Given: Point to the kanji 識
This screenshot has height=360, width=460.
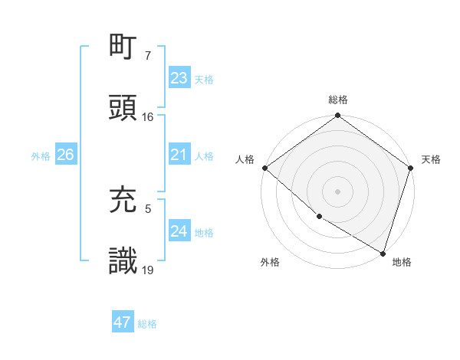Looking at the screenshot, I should (x=123, y=260).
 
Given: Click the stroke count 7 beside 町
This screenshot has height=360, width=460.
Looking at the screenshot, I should (x=148, y=55).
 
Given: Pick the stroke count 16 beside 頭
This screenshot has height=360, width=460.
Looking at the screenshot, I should (x=148, y=117).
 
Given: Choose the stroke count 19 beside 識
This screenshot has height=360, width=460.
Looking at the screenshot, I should (x=148, y=269).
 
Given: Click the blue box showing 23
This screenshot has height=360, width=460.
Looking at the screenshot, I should (x=179, y=78).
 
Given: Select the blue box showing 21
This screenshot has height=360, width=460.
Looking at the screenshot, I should (x=179, y=155).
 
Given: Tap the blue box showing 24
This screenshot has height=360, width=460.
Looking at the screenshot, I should (x=179, y=231).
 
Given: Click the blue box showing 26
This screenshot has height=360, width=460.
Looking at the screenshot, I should (x=65, y=155).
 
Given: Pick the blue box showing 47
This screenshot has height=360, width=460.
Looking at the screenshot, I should (x=123, y=322).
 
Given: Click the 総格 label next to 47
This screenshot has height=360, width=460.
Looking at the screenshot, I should (x=147, y=324).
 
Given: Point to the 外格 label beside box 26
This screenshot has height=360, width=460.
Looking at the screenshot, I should (x=41, y=155).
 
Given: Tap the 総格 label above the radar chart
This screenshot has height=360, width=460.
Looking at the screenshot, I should (x=338, y=100).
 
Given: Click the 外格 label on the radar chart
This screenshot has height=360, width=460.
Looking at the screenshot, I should (x=270, y=262).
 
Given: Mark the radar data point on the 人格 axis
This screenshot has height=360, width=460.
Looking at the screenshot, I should (x=264, y=168).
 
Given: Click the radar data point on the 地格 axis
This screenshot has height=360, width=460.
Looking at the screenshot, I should (x=383, y=253).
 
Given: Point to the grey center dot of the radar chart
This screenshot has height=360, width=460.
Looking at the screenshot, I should (x=338, y=191).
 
